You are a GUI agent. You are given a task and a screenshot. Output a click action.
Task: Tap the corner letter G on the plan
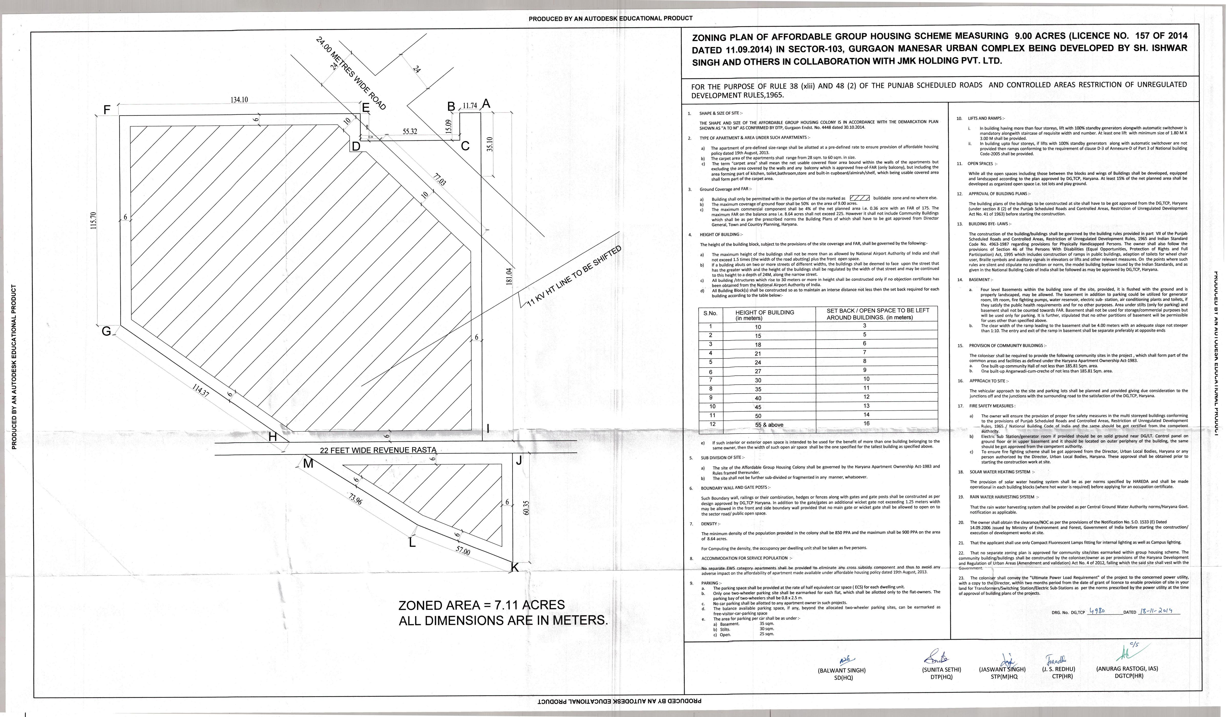coord(106,331)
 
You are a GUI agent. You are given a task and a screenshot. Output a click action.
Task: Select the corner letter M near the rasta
coord(308,464)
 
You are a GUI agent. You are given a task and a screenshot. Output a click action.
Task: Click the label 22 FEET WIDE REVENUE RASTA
coord(378,450)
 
